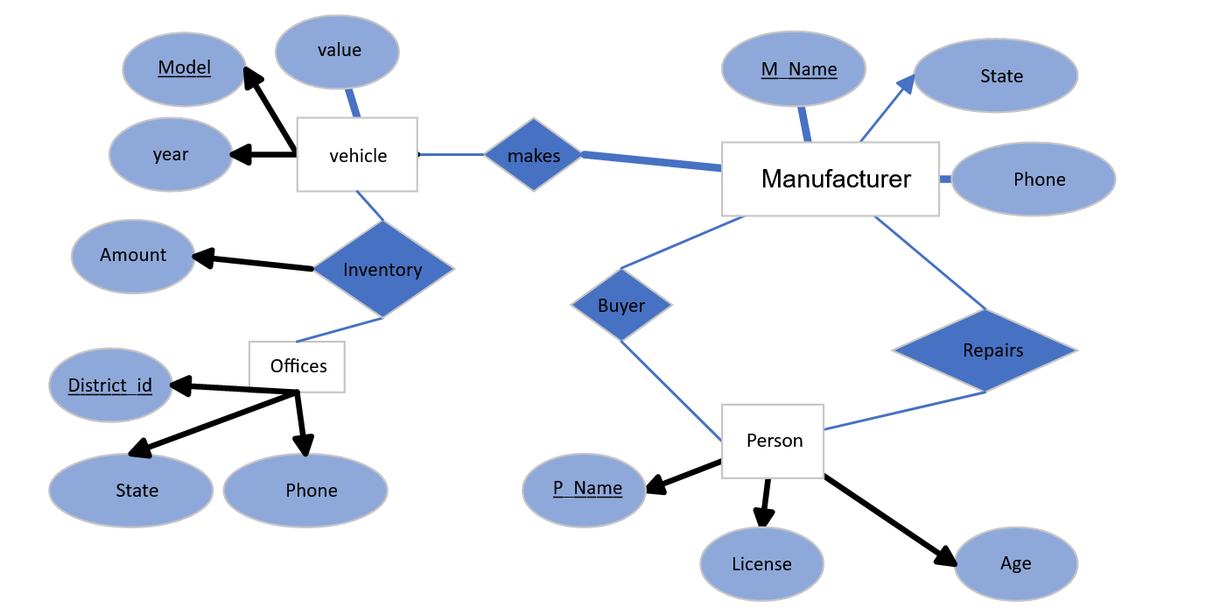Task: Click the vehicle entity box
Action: click(x=357, y=155)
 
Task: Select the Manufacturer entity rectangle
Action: click(x=830, y=179)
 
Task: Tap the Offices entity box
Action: click(x=298, y=366)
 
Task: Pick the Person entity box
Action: click(x=773, y=441)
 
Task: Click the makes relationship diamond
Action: click(x=533, y=155)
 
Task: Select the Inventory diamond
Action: click(x=382, y=270)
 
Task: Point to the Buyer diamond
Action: click(x=621, y=306)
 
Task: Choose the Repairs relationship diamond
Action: click(x=985, y=350)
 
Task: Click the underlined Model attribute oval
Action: click(x=184, y=69)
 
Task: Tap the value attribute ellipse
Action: click(x=338, y=51)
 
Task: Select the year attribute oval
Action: click(x=171, y=155)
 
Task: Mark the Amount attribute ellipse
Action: click(x=133, y=256)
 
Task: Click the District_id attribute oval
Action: click(x=110, y=385)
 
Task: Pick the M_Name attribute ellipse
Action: click(x=794, y=69)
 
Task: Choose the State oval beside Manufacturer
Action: click(x=996, y=76)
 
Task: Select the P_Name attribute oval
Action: click(x=584, y=490)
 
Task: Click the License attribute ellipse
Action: click(x=761, y=564)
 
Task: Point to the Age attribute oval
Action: click(x=1015, y=564)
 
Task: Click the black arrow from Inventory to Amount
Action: click(x=254, y=263)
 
